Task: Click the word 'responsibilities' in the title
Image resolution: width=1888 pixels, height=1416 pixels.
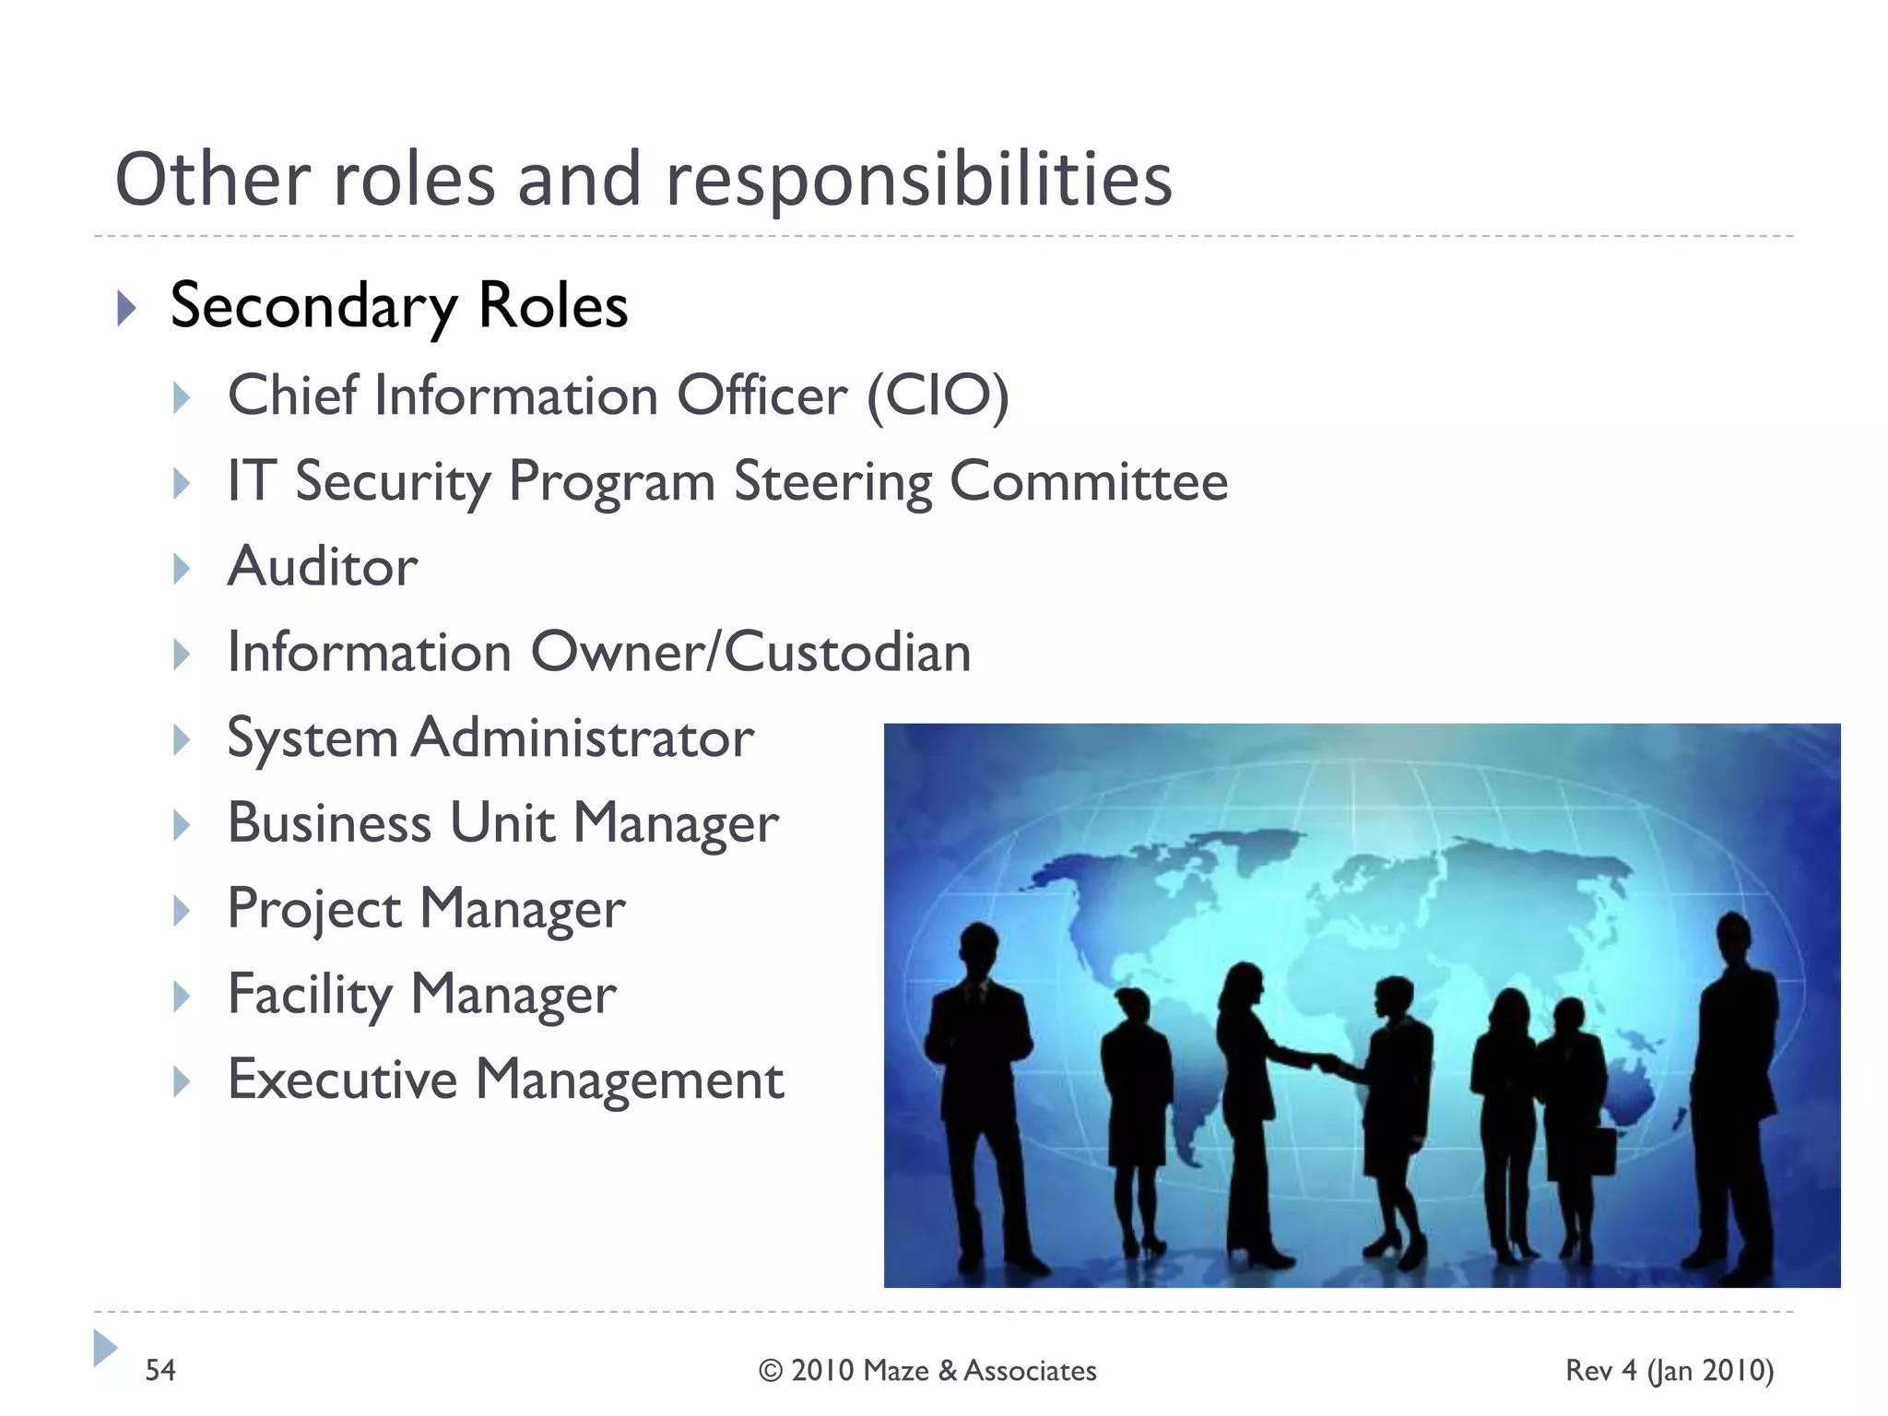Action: (918, 181)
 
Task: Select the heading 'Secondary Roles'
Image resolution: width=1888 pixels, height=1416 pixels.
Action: (398, 306)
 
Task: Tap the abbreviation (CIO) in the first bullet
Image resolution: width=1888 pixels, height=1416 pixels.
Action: (938, 396)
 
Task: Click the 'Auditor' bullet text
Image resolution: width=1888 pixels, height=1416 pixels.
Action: (323, 566)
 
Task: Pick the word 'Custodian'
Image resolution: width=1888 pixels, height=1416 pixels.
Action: (847, 653)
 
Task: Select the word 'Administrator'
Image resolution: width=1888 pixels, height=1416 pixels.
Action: (583, 738)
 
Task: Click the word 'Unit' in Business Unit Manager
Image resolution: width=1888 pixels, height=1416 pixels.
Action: (502, 822)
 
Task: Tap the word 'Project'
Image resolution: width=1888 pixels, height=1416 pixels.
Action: (314, 909)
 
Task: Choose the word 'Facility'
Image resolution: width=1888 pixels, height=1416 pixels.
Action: (310, 995)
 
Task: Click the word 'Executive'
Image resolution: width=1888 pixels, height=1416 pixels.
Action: (342, 1080)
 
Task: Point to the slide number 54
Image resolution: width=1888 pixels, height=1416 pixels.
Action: (160, 1370)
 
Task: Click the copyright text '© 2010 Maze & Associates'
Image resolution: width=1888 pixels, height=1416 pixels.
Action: (927, 1371)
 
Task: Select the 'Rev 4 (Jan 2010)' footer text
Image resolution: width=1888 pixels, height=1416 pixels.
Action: (1669, 1371)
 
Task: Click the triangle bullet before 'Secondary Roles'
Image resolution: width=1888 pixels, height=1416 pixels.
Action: (127, 308)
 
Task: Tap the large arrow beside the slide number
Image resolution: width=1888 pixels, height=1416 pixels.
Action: (105, 1348)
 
